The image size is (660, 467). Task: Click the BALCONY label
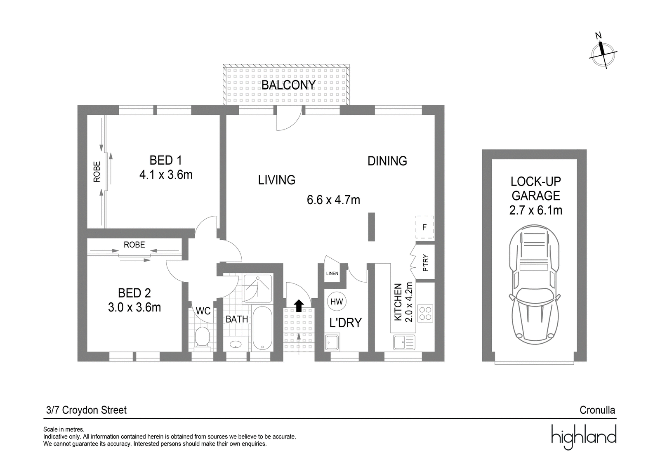point(288,85)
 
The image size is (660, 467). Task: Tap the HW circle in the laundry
point(337,302)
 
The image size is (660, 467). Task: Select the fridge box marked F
point(424,227)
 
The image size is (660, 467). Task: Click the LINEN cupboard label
point(332,274)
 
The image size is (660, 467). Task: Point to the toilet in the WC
point(203,339)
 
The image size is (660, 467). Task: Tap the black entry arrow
point(299,306)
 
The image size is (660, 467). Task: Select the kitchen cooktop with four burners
point(425,313)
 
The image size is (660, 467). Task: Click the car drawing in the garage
point(534,285)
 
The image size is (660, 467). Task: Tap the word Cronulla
point(597,410)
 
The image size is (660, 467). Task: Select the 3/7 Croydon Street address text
point(86,410)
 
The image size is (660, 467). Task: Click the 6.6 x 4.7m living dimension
point(333,200)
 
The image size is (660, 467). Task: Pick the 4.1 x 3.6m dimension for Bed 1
point(166,175)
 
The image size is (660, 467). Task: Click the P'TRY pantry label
point(425,263)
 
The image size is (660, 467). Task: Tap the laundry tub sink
point(332,342)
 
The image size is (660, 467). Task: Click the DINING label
point(387,161)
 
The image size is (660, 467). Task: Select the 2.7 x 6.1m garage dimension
point(536,210)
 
